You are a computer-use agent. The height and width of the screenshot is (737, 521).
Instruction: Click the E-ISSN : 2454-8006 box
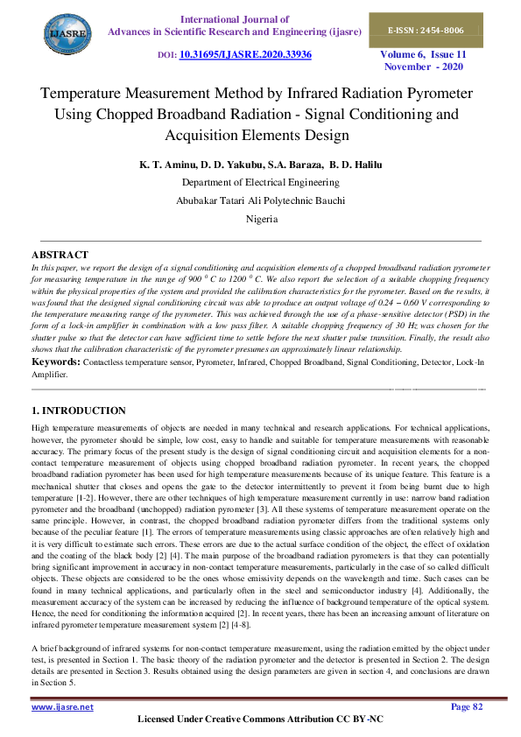(x=426, y=30)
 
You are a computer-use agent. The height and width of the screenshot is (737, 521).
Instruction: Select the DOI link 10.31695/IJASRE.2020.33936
(x=245, y=54)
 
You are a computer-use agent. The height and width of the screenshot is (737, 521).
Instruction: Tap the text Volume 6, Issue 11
(x=422, y=54)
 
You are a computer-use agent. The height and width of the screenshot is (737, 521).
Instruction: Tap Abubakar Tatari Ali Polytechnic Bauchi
(x=261, y=200)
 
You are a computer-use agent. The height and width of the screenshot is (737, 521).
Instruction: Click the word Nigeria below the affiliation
(x=261, y=219)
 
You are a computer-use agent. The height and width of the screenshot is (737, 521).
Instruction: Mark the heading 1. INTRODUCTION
(x=79, y=411)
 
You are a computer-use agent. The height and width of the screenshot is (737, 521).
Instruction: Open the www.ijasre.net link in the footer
(x=62, y=706)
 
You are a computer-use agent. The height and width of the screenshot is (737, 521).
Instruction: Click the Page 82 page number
(x=471, y=706)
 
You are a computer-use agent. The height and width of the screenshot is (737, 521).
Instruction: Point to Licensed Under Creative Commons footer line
(x=261, y=719)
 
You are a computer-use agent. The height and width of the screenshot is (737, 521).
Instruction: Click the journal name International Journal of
(x=234, y=18)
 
